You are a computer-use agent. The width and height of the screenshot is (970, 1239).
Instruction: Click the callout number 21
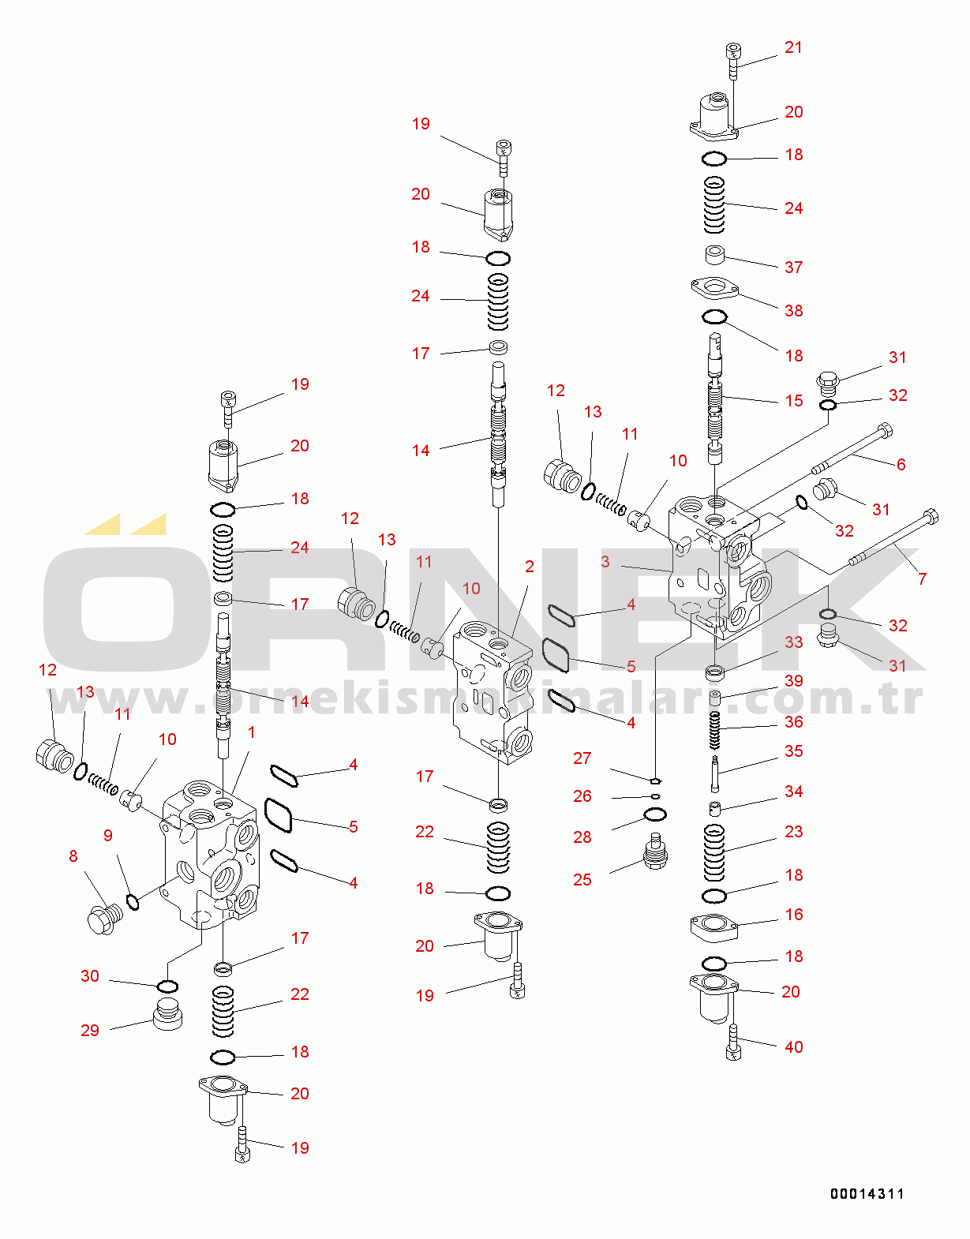[793, 48]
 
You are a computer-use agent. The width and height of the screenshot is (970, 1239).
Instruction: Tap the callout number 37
[793, 268]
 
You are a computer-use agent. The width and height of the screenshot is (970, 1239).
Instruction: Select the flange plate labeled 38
[714, 288]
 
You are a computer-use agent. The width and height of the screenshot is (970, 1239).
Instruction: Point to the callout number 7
[922, 579]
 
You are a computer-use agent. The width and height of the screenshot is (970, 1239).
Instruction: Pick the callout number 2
[529, 567]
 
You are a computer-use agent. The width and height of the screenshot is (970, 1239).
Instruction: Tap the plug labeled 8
[104, 920]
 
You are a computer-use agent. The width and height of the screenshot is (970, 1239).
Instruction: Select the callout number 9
[108, 836]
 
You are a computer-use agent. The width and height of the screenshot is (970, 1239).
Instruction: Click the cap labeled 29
[167, 1014]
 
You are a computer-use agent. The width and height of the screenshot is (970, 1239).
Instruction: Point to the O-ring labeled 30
[167, 986]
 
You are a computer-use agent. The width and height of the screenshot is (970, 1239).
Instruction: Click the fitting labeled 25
[655, 852]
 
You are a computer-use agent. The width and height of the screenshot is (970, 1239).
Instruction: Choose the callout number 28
[582, 837]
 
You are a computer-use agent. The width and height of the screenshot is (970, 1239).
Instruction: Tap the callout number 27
[582, 758]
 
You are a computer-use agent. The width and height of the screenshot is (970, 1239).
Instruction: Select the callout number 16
[793, 915]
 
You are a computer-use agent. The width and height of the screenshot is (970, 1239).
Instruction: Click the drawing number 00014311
[867, 1194]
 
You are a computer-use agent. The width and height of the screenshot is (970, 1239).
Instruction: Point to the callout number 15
[793, 401]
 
